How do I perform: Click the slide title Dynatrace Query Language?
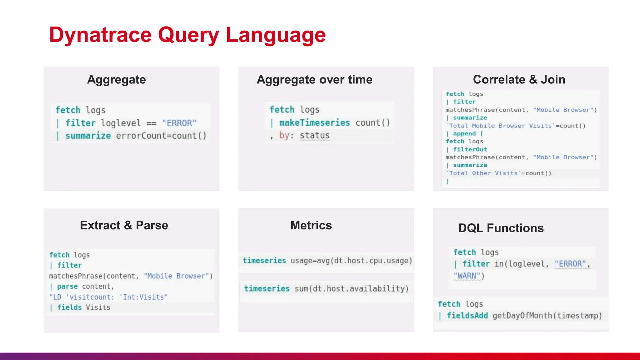187,35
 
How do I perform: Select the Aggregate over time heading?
314,80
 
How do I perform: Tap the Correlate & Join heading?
519,80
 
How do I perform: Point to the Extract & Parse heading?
124,225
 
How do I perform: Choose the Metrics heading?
311,225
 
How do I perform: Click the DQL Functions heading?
501,228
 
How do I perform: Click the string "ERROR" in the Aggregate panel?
179,123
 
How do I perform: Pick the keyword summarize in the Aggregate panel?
88,136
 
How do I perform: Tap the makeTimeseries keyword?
314,123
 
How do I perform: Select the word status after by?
314,136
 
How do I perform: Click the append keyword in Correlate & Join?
464,134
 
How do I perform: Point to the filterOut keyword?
470,150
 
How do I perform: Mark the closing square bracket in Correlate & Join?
447,181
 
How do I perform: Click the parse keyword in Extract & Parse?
67,287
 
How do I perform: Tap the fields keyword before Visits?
69,307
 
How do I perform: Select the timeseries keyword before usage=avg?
264,261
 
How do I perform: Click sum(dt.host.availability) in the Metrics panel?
352,289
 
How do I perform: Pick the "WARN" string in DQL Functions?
467,276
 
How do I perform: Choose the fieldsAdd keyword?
467,316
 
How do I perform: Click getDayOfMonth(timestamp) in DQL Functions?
547,316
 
